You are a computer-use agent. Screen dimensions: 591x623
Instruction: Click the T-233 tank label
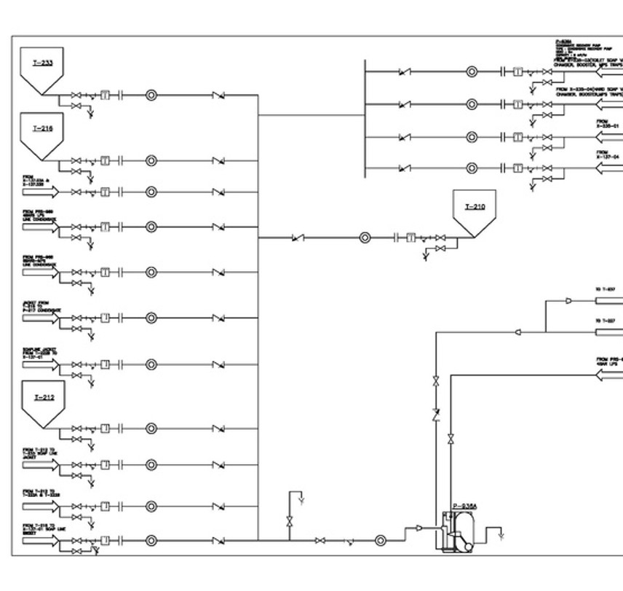click(x=42, y=63)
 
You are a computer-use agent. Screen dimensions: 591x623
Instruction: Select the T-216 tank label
click(x=42, y=128)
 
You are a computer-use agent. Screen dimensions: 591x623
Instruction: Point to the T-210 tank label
click(x=475, y=207)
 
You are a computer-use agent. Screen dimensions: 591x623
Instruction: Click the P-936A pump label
click(x=464, y=506)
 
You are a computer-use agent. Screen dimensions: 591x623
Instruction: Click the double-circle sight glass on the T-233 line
click(x=151, y=95)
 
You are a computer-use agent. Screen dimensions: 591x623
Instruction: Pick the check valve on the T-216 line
click(x=218, y=161)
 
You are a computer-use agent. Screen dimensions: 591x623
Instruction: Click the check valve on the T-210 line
click(x=297, y=238)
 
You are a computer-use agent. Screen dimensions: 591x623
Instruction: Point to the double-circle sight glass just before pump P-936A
click(x=381, y=540)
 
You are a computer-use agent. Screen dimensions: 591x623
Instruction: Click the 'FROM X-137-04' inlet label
click(x=608, y=154)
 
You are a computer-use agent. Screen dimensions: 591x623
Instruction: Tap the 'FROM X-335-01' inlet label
click(x=608, y=123)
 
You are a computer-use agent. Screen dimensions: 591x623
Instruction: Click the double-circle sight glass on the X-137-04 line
click(x=472, y=169)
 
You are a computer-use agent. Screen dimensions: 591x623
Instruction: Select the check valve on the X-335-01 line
click(x=404, y=137)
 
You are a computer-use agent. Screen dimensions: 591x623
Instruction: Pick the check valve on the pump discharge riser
click(x=436, y=415)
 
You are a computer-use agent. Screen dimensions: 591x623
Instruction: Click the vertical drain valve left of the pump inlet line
click(x=290, y=521)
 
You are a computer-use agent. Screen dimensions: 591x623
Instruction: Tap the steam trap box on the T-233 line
click(x=105, y=95)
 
